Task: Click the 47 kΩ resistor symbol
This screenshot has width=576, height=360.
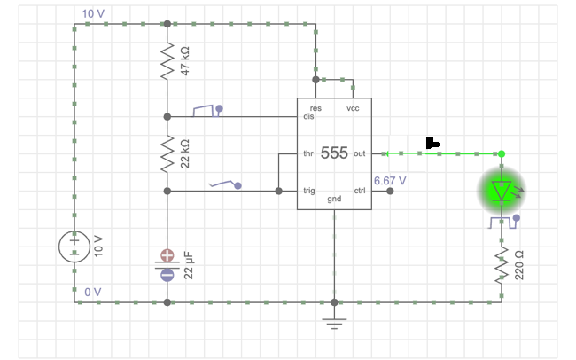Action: [x=167, y=62]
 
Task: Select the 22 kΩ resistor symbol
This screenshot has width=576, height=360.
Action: [x=167, y=153]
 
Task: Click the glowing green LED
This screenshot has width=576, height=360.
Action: [x=502, y=191]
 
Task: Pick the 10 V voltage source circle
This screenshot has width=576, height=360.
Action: [x=75, y=247]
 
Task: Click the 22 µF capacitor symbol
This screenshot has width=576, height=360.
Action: [x=167, y=265]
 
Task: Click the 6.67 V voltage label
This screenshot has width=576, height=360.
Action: [x=390, y=181]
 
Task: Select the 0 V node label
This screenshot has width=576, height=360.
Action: [x=93, y=292]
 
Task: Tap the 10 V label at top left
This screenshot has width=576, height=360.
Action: [x=93, y=14]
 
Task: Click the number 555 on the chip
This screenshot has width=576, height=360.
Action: [x=334, y=153]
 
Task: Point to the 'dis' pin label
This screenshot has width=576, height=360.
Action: [x=309, y=116]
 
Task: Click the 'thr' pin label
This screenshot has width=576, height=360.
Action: [x=308, y=153]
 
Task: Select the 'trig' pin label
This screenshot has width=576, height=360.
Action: [x=309, y=190]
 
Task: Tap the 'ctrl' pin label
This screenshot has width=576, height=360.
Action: [x=360, y=190]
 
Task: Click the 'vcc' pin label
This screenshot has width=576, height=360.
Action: [x=353, y=108]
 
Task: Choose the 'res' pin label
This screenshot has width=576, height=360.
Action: [x=315, y=108]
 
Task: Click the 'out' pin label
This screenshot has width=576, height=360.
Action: [x=359, y=153]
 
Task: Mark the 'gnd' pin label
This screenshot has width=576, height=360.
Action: [x=334, y=199]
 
